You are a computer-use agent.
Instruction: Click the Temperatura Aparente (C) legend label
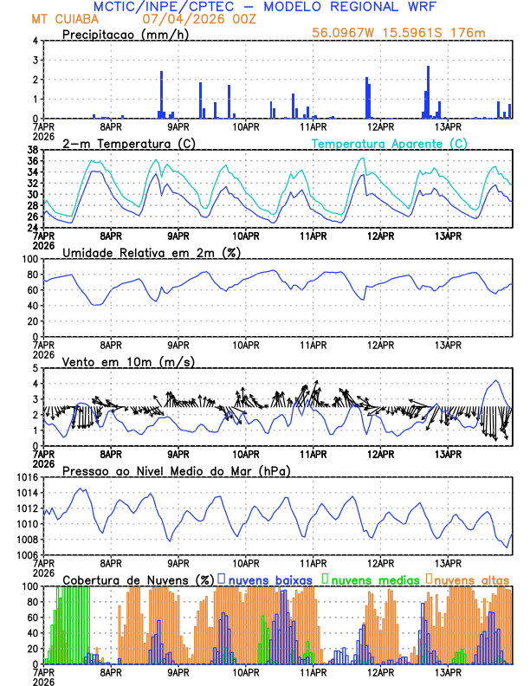(389, 143)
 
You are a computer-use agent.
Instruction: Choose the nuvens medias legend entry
(367, 579)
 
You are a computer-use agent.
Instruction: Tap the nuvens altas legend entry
(468, 579)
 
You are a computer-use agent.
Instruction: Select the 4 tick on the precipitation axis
(35, 41)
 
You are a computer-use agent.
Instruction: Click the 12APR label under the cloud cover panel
(380, 672)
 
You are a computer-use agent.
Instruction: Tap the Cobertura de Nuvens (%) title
(138, 579)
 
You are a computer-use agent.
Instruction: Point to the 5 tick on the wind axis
(35, 368)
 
